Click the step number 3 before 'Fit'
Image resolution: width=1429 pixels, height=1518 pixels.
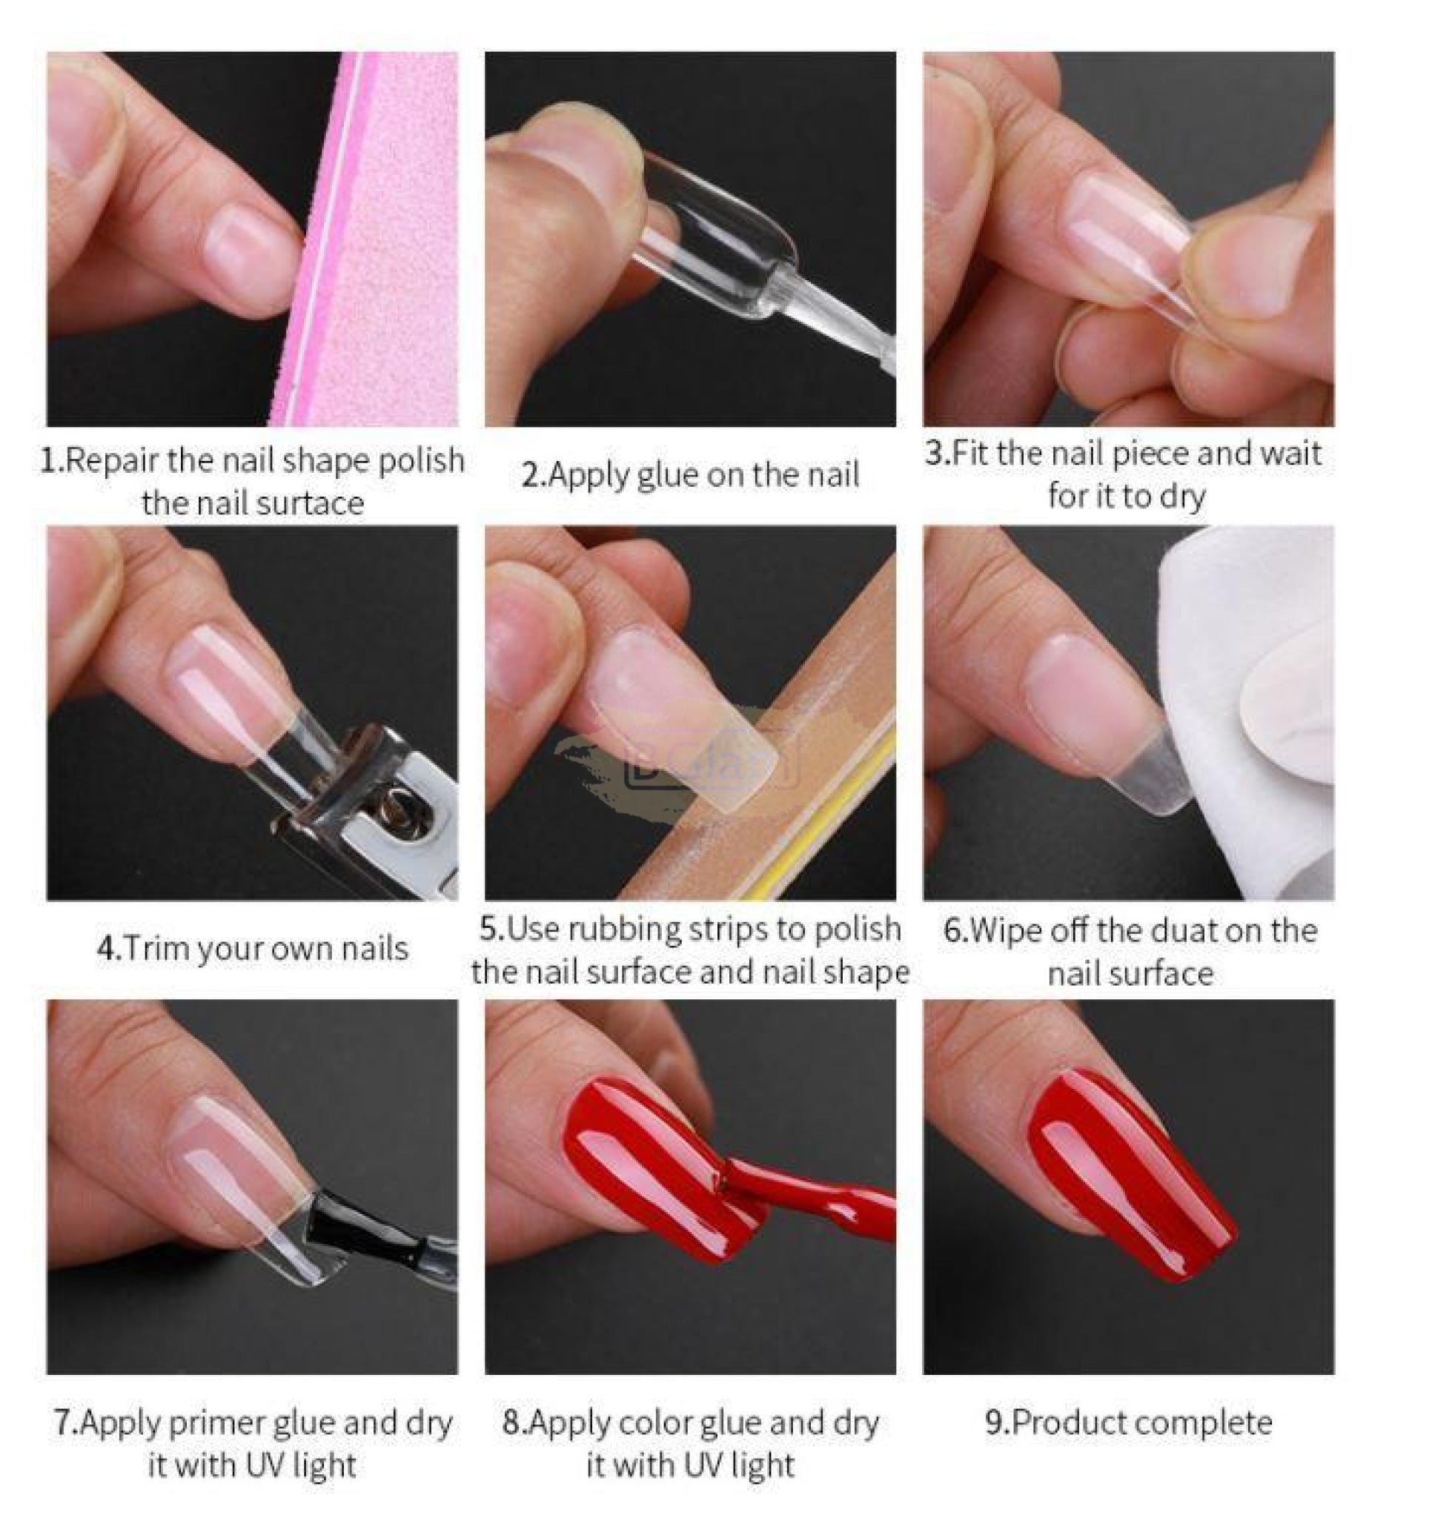click(x=936, y=454)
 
